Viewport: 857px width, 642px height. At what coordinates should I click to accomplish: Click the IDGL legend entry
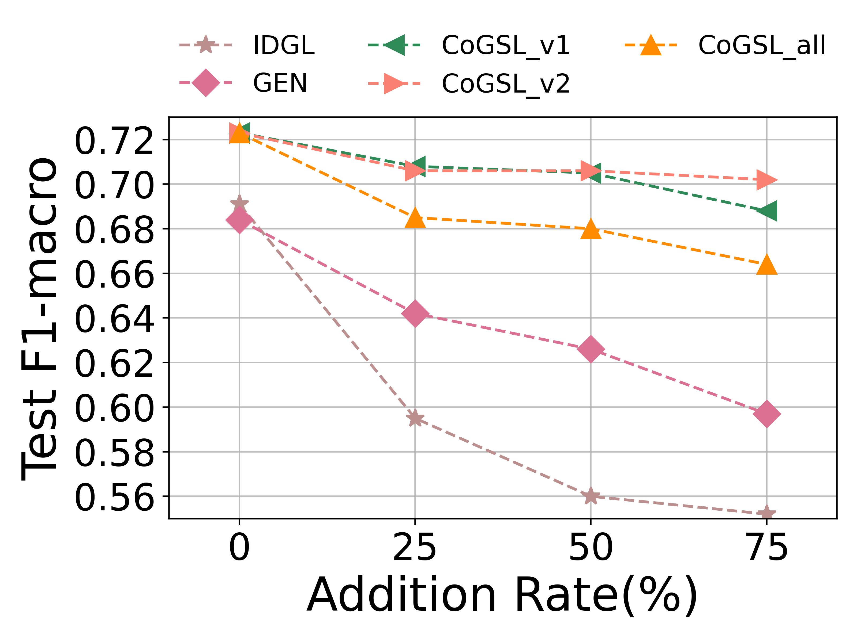click(284, 45)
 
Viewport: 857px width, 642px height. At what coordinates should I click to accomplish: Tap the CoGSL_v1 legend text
click(506, 45)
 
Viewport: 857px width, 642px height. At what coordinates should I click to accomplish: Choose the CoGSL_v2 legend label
click(506, 83)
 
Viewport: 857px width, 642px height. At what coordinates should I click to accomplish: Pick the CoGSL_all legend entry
click(762, 45)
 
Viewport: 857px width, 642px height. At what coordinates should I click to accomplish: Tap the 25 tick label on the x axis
click(415, 548)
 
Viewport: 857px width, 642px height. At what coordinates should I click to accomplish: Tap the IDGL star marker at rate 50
click(591, 496)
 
